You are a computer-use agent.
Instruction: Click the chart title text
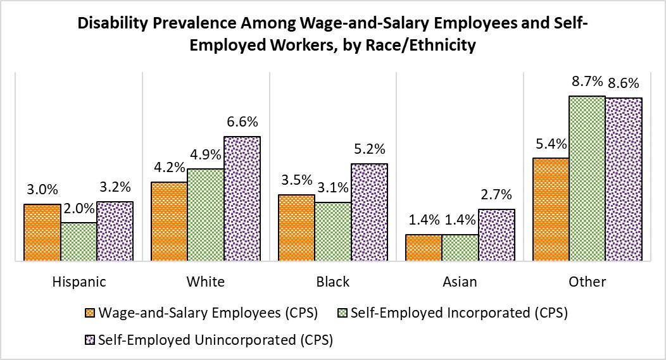click(333, 35)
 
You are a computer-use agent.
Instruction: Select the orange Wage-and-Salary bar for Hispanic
click(42, 232)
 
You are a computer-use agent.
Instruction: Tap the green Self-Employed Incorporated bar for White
click(206, 214)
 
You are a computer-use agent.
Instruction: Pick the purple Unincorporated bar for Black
click(370, 212)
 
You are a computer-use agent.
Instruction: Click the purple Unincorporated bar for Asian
click(497, 235)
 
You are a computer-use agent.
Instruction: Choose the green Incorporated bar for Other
click(587, 178)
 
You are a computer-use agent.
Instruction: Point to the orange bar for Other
click(550, 209)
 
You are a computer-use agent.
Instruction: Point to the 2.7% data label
click(497, 195)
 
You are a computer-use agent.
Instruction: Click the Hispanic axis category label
click(79, 282)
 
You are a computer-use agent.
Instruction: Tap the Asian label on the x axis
click(460, 282)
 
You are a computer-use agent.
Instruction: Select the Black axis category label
click(333, 282)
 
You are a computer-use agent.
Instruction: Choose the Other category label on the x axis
click(587, 282)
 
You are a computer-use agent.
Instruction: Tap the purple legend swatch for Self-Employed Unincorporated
click(89, 340)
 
